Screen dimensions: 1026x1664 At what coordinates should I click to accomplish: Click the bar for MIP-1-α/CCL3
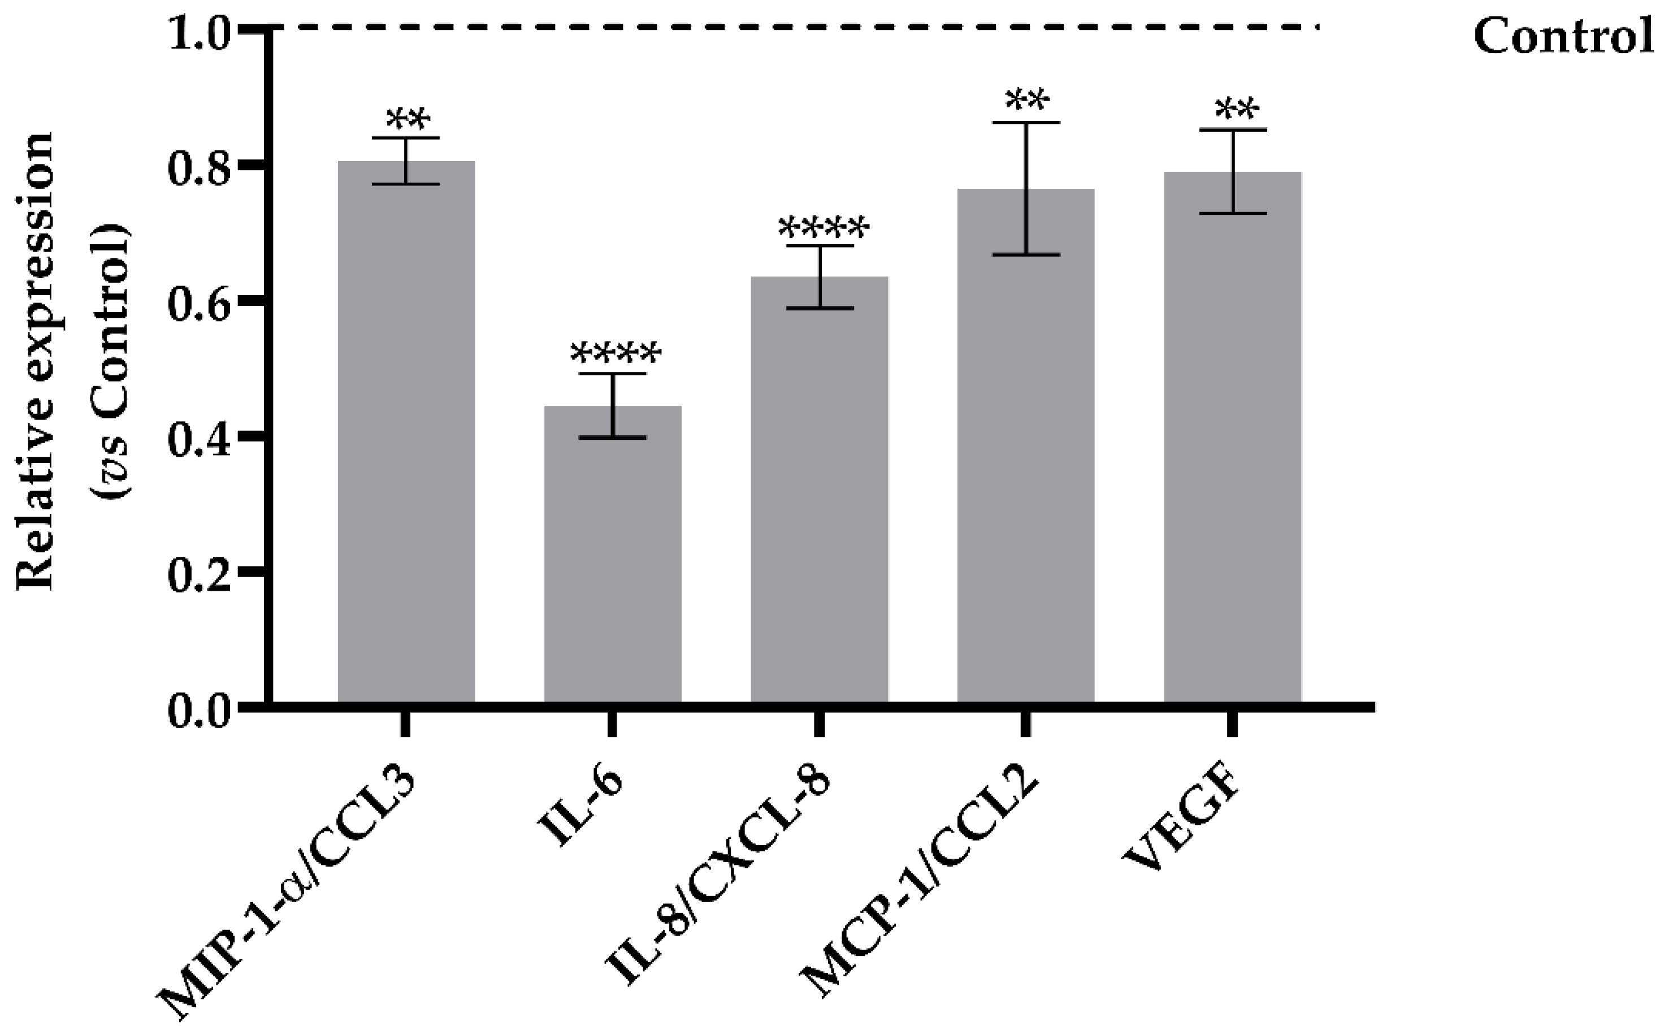[406, 434]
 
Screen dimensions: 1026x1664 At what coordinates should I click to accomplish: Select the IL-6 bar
[613, 556]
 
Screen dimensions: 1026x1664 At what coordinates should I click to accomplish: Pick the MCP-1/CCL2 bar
[1026, 448]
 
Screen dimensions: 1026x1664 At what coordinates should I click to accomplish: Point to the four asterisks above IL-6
[614, 353]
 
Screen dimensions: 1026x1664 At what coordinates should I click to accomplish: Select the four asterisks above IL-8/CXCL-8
[823, 227]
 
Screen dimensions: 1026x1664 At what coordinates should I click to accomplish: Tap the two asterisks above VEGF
[1237, 109]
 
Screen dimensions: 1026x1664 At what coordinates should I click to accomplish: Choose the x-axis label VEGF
[1182, 831]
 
